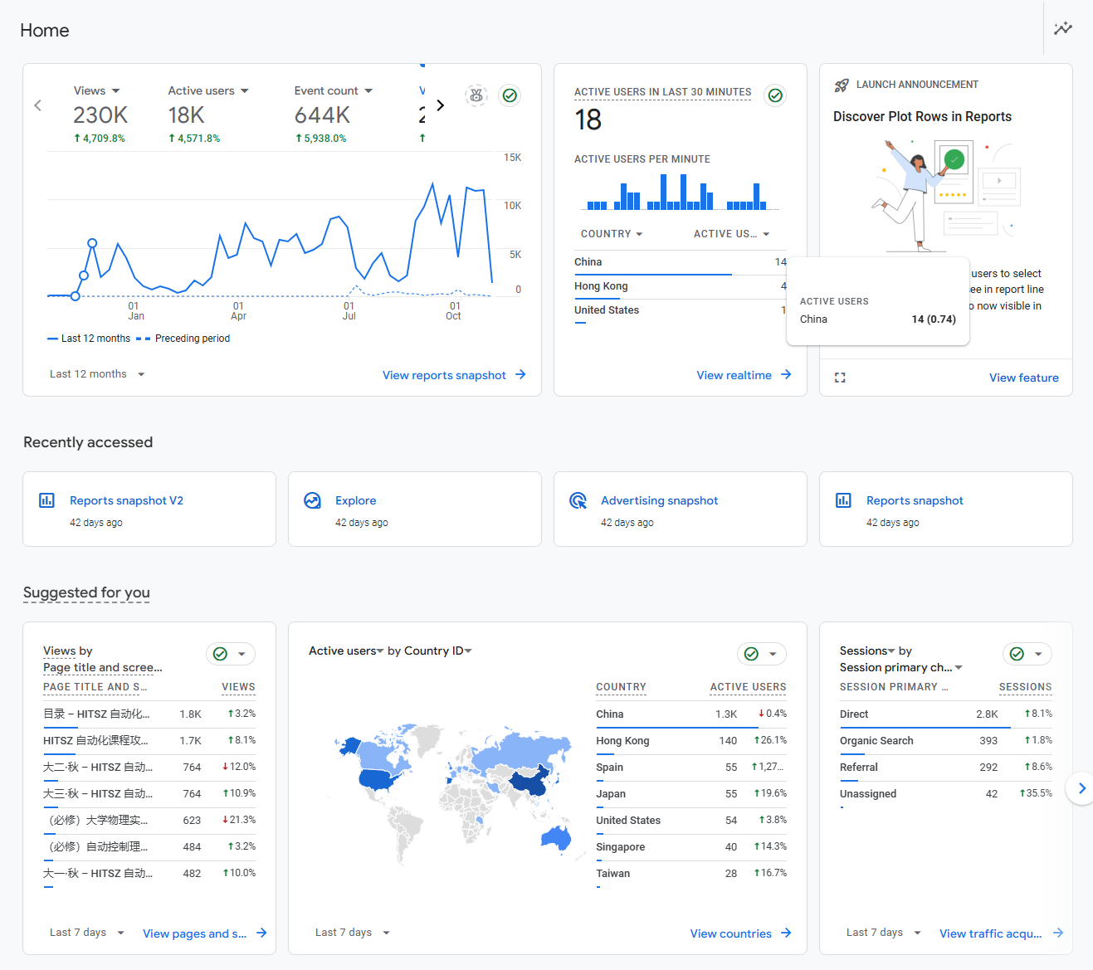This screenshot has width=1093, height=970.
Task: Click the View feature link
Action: click(1023, 378)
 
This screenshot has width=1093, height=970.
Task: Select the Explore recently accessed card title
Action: click(355, 500)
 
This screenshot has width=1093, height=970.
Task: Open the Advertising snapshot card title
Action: click(659, 500)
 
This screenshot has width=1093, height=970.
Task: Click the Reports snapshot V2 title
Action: click(126, 500)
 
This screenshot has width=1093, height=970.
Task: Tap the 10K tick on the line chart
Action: click(512, 206)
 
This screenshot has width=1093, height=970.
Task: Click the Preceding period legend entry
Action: click(192, 339)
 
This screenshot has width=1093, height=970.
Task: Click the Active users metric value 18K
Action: click(186, 115)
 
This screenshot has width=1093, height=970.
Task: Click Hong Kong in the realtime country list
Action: click(601, 286)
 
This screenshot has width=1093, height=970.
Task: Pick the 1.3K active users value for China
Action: click(725, 714)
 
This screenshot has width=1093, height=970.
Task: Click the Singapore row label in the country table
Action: click(620, 846)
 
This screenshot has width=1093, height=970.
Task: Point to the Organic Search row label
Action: click(876, 740)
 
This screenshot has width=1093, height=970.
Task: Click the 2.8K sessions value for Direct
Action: click(986, 714)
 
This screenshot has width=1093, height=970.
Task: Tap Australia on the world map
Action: click(556, 838)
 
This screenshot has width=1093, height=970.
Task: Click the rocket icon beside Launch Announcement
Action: click(842, 85)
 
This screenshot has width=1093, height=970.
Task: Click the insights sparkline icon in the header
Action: click(1062, 29)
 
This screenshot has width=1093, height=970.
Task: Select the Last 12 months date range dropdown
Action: click(97, 374)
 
